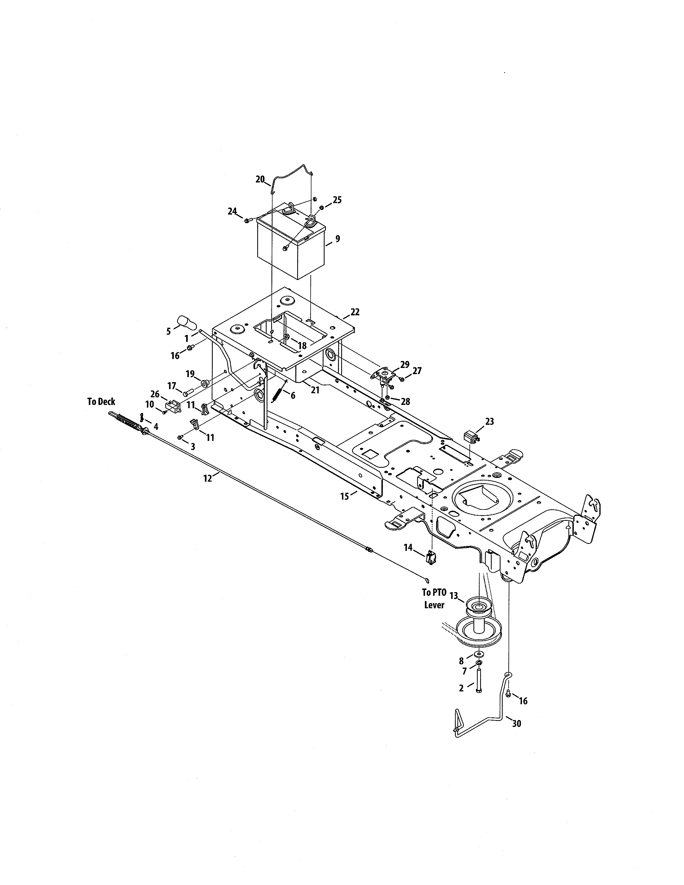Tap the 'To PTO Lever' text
point(434,599)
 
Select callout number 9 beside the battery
point(337,239)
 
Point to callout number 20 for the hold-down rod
point(260,179)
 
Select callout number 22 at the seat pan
point(355,312)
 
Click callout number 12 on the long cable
point(207,478)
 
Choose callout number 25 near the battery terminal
point(337,200)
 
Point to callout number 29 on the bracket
point(404,364)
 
